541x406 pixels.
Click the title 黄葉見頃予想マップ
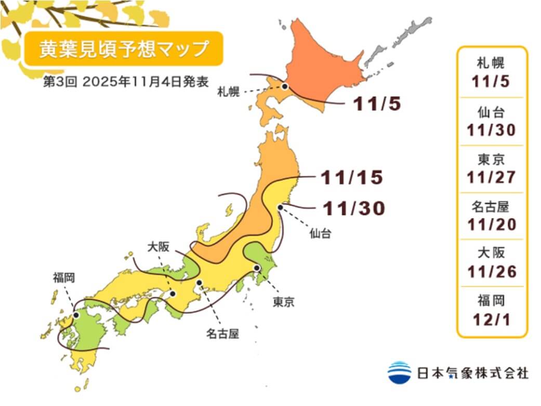(124, 48)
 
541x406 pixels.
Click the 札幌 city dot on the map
(285, 86)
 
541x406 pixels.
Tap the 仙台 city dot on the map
(280, 207)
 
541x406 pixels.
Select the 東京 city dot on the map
(257, 268)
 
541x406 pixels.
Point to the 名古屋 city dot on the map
(199, 283)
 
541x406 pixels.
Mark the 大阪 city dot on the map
(173, 294)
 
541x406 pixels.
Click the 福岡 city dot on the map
(76, 315)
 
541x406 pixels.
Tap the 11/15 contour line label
(352, 178)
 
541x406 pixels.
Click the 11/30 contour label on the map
(354, 208)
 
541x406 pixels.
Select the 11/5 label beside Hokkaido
(377, 104)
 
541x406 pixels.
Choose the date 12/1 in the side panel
(491, 319)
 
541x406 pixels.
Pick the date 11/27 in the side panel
(491, 177)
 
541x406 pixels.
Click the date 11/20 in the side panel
(491, 224)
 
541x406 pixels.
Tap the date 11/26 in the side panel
(491, 272)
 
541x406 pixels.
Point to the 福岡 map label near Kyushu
(63, 277)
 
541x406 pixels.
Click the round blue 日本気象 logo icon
(399, 373)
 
